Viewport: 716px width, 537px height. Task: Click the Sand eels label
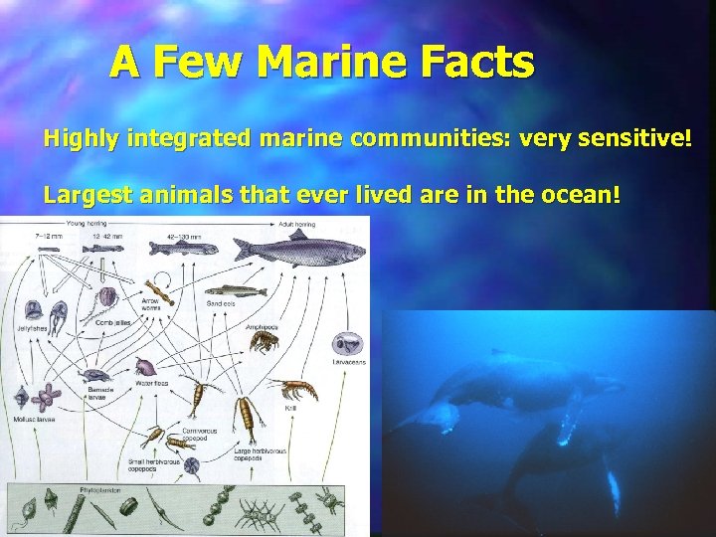220,302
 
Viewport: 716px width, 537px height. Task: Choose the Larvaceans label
348,363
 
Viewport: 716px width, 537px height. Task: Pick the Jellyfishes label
32,328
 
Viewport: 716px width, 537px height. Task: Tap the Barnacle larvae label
100,392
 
